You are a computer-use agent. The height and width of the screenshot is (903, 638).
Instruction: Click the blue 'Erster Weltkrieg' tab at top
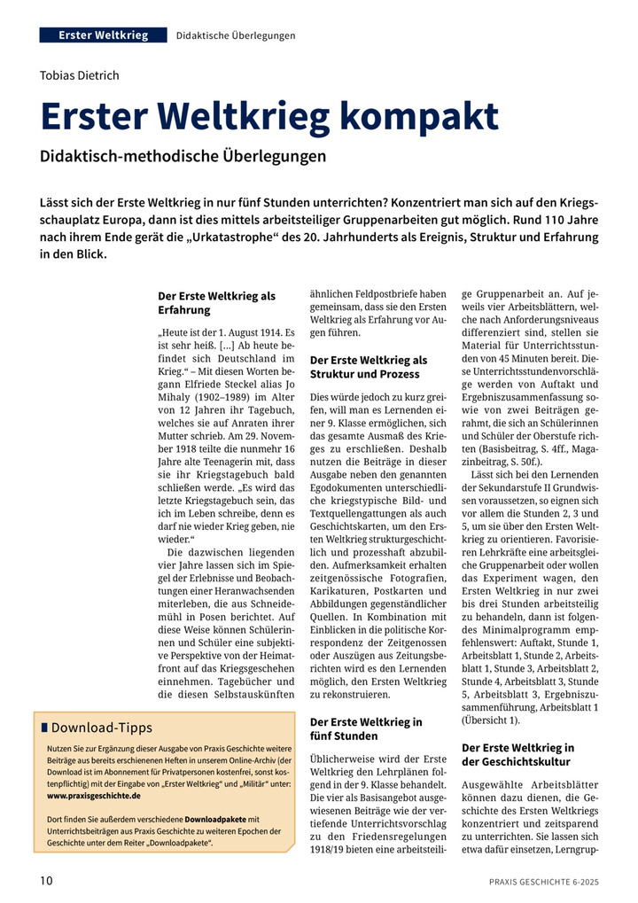103,35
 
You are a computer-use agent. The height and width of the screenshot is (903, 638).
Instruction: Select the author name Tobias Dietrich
80,75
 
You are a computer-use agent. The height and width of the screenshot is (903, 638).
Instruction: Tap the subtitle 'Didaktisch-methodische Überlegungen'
183,156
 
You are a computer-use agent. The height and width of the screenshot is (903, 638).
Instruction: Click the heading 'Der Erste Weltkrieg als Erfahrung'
216,302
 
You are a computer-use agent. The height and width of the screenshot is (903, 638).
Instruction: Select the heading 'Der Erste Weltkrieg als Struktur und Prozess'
369,367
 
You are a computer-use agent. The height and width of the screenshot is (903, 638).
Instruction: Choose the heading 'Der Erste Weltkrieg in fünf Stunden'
366,729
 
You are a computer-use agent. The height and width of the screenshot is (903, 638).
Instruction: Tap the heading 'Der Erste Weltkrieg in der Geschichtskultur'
518,755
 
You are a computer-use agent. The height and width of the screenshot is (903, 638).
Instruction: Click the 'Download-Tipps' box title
102,728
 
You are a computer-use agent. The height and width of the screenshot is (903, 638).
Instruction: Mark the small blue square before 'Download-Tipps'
44,728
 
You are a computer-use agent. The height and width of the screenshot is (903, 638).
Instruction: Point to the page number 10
46,881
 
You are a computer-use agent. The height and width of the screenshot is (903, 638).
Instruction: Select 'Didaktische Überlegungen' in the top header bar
236,35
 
